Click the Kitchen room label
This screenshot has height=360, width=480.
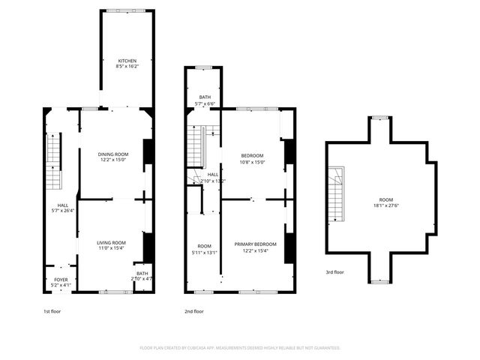[x=127, y=63]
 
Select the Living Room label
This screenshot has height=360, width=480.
[x=111, y=245]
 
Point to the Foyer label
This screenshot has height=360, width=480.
[x=60, y=282]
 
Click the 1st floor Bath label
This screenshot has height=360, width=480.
[x=142, y=276]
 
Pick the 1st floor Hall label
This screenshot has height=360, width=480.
[x=63, y=208]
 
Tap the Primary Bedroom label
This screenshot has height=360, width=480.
[x=255, y=247]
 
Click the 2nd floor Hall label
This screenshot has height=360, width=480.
[x=213, y=177]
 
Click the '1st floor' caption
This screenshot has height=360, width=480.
[x=52, y=310]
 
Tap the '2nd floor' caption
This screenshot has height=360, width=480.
[x=194, y=310]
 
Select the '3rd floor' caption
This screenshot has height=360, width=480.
[x=334, y=271]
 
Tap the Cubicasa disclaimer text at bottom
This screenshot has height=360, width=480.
[x=240, y=348]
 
